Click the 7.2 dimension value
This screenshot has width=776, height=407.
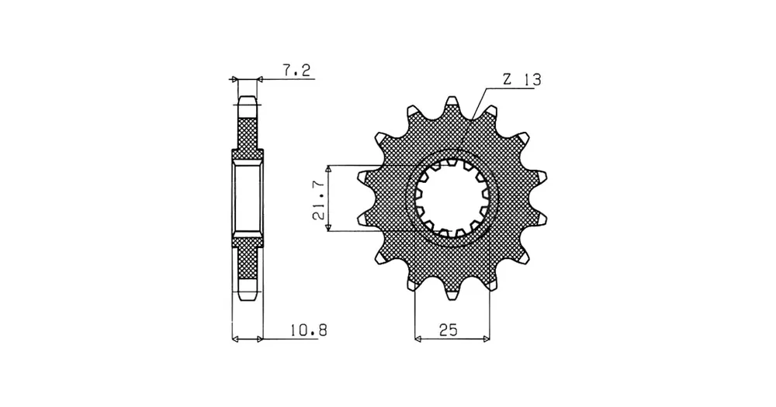point(296,71)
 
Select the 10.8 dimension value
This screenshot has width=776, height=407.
point(309,329)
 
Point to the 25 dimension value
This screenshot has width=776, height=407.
point(449,329)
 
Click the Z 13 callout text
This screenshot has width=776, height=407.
point(521,80)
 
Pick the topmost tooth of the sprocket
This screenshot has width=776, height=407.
point(451,105)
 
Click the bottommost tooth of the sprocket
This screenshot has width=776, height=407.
point(452,291)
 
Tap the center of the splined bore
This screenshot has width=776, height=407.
point(452,198)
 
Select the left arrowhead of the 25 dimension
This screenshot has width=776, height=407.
point(417,340)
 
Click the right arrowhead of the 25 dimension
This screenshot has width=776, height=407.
point(487,340)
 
